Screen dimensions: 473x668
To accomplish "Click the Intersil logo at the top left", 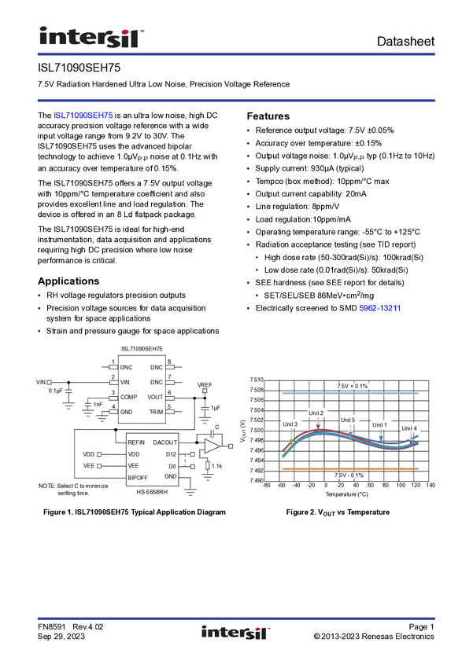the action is (91, 37).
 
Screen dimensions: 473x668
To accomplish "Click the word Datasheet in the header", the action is (405, 42).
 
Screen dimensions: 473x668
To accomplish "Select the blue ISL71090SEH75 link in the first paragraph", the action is (83, 116).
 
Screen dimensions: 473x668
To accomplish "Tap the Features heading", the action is (268, 116).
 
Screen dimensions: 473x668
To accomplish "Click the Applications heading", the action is (68, 281).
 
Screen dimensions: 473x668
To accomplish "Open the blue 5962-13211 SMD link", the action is (380, 308).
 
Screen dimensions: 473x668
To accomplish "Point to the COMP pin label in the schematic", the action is (128, 397).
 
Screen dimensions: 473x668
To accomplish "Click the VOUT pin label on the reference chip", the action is (155, 397).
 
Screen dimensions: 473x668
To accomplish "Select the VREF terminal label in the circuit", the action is (205, 385).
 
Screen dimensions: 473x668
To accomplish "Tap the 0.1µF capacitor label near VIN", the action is (55, 391).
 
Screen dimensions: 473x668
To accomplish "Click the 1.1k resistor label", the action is (217, 466).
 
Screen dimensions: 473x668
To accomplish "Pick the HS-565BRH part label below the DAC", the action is (152, 492).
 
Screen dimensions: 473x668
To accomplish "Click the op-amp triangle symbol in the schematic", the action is (212, 446).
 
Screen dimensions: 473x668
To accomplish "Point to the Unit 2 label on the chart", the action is (316, 413).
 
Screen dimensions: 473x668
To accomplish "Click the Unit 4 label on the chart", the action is (409, 428).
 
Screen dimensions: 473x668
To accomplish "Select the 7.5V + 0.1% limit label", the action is (353, 386).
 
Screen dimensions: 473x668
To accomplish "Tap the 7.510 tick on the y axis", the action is (257, 380).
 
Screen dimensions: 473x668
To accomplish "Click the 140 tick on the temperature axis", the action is (431, 485).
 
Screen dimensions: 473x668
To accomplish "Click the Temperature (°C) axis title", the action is (347, 494).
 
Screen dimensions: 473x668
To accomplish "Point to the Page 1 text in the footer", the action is (421, 626).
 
